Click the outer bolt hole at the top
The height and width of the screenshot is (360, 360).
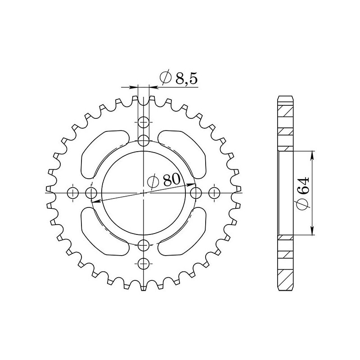click(144, 121)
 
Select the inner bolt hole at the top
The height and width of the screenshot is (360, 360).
click(144, 140)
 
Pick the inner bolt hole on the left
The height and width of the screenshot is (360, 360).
click(91, 193)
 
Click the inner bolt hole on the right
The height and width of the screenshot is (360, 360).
click(196, 193)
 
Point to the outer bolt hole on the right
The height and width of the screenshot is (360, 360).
click(215, 193)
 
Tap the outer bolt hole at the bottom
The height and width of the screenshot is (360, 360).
click(144, 264)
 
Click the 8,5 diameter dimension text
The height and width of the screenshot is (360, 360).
click(179, 79)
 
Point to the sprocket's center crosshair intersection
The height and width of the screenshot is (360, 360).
click(144, 193)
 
